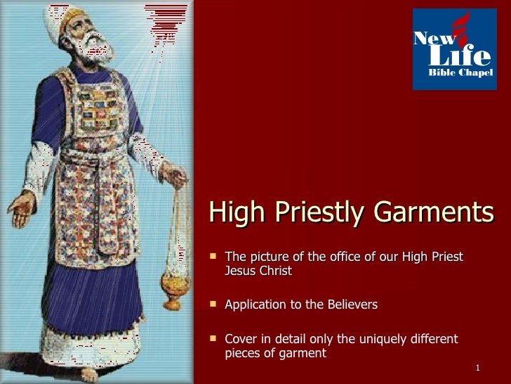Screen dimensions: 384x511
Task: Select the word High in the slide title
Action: click(x=234, y=212)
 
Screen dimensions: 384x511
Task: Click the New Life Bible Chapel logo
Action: click(x=453, y=50)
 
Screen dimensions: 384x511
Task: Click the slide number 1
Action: click(x=477, y=369)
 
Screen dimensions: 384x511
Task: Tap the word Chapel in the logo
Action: click(x=477, y=72)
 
